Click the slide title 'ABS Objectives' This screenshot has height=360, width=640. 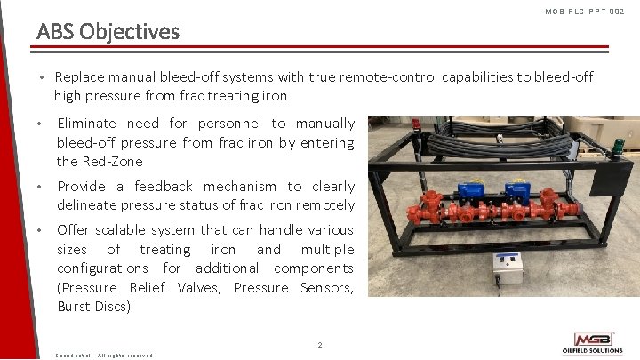(x=108, y=32)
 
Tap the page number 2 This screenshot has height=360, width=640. (x=320, y=344)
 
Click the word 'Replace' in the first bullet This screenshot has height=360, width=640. (x=79, y=77)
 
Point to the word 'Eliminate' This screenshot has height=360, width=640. (x=86, y=124)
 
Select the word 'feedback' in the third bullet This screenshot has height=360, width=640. (x=162, y=187)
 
